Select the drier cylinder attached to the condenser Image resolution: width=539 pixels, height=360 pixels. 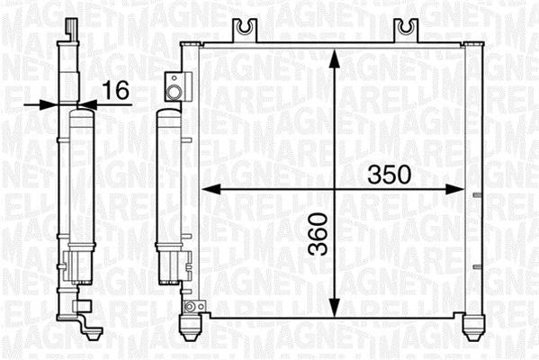pyautogui.click(x=168, y=180)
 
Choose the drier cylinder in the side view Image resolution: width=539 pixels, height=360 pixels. pyautogui.click(x=80, y=180)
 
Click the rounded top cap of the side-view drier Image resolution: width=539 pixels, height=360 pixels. pyautogui.click(x=80, y=113)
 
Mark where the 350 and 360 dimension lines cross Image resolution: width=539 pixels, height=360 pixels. pyautogui.click(x=334, y=190)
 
